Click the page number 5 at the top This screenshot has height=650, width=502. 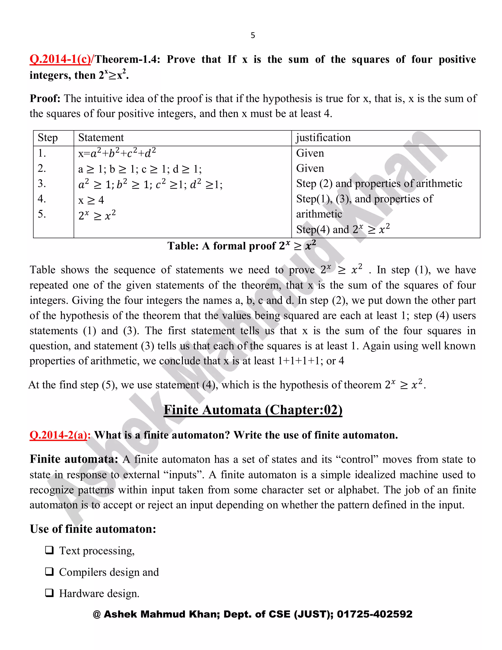pyautogui.click(x=253, y=35)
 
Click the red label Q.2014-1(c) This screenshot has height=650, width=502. pyautogui.click(x=60, y=59)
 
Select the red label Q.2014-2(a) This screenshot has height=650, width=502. pyautogui.click(x=59, y=435)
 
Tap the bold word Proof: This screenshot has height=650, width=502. pyautogui.click(x=45, y=99)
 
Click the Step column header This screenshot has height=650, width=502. pyautogui.click(x=48, y=138)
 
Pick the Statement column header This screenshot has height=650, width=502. pyautogui.click(x=101, y=138)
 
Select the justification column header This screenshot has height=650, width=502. pyautogui.click(x=323, y=138)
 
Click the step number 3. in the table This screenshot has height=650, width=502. pyautogui.click(x=42, y=184)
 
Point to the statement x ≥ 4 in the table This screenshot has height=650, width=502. pyautogui.click(x=91, y=200)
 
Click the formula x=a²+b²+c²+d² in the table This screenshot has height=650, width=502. pyautogui.click(x=117, y=153)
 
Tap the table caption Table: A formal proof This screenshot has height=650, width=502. pyautogui.click(x=241, y=246)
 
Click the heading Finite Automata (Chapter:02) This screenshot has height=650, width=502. pyautogui.click(x=253, y=410)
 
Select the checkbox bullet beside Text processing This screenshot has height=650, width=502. pyautogui.click(x=49, y=550)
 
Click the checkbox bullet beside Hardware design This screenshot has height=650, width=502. pyautogui.click(x=49, y=593)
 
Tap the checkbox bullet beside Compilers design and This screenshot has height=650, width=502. pyautogui.click(x=49, y=572)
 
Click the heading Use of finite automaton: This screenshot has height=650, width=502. pyautogui.click(x=93, y=529)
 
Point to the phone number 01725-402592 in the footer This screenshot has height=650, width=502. pyautogui.click(x=375, y=614)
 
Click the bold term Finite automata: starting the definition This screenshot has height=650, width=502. pyautogui.click(x=74, y=459)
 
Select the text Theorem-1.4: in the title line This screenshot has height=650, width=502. pyautogui.click(x=127, y=59)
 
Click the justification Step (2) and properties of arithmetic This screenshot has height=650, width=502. pyautogui.click(x=379, y=184)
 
